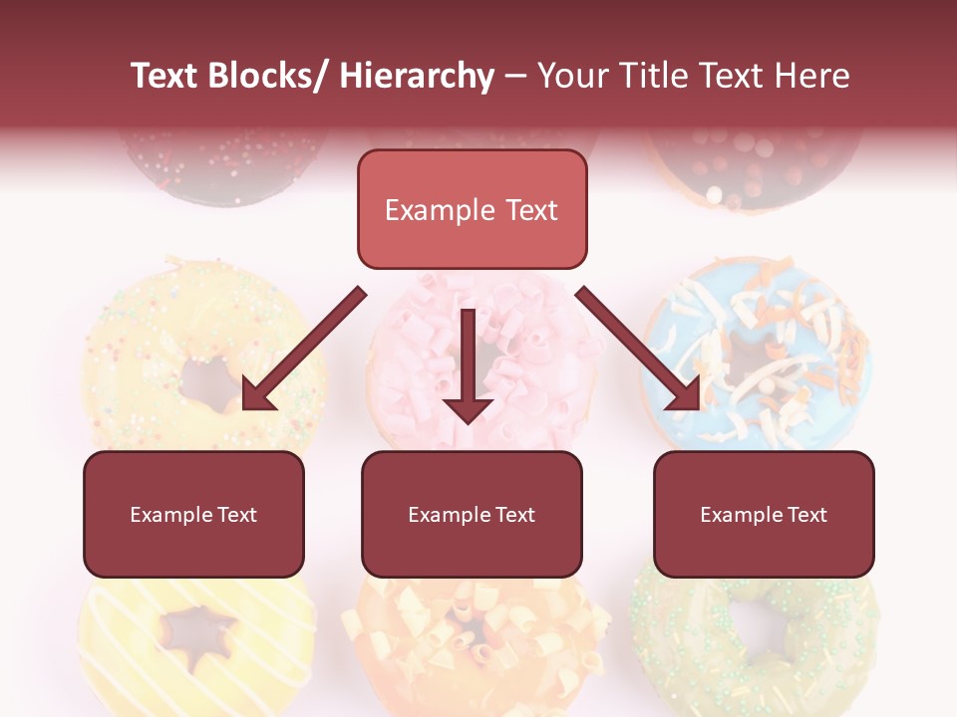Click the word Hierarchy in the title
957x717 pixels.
[417, 76]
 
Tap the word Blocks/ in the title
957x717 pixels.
[270, 76]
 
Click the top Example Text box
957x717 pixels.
[472, 209]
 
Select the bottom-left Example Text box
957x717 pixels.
[193, 514]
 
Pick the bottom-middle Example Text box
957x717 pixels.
[472, 514]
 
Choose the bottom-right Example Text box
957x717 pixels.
[764, 514]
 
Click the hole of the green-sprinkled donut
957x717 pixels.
[758, 625]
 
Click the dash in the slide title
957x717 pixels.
[515, 76]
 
